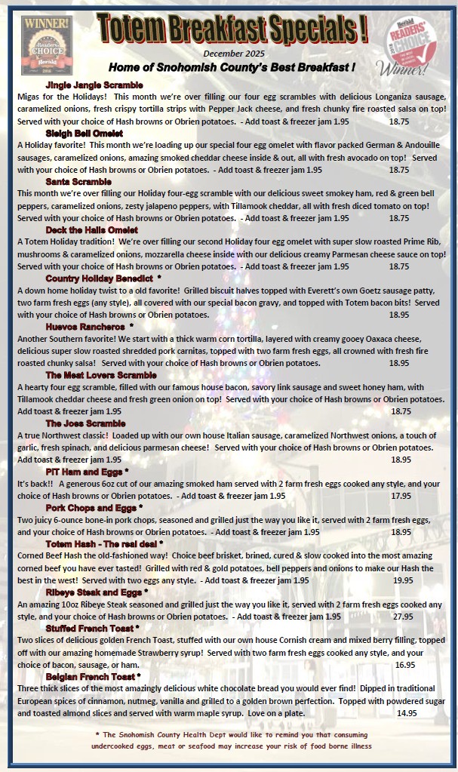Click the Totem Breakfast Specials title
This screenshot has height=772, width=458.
point(232,29)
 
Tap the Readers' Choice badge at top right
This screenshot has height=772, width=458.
point(408,45)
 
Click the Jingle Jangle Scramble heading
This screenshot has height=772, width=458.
point(94,85)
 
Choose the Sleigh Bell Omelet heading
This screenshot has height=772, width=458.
point(84,134)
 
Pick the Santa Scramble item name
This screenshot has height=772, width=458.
point(78,182)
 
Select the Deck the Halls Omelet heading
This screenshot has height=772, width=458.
point(91,230)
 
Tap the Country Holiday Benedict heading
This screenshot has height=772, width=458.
point(99,278)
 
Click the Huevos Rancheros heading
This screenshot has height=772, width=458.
point(85,327)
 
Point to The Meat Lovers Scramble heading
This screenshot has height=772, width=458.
point(101,375)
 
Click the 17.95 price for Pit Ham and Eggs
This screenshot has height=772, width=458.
point(401,496)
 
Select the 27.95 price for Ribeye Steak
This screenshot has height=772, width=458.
point(403,617)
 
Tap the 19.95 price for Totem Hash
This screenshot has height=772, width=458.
point(403,580)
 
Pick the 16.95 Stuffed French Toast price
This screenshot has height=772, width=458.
point(405,665)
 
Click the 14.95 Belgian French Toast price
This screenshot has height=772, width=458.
point(407,713)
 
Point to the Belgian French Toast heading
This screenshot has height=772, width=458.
point(91,677)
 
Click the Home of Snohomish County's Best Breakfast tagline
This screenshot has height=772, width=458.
point(232,67)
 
